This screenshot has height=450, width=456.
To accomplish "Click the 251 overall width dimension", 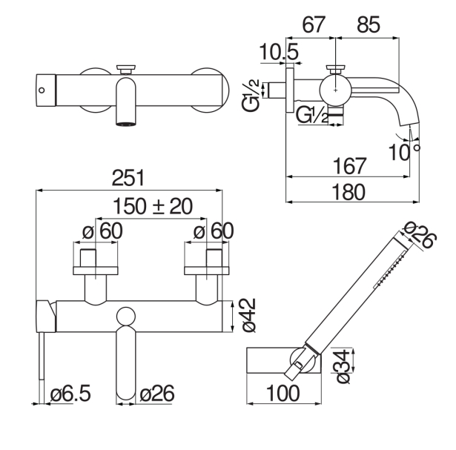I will click(x=129, y=179).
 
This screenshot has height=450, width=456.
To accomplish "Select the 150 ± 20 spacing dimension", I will click(x=153, y=206).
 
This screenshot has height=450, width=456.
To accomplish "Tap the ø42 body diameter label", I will click(x=249, y=316).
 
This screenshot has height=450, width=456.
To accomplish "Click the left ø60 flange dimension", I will click(x=102, y=231).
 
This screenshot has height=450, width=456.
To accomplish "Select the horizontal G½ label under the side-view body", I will click(x=311, y=115).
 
